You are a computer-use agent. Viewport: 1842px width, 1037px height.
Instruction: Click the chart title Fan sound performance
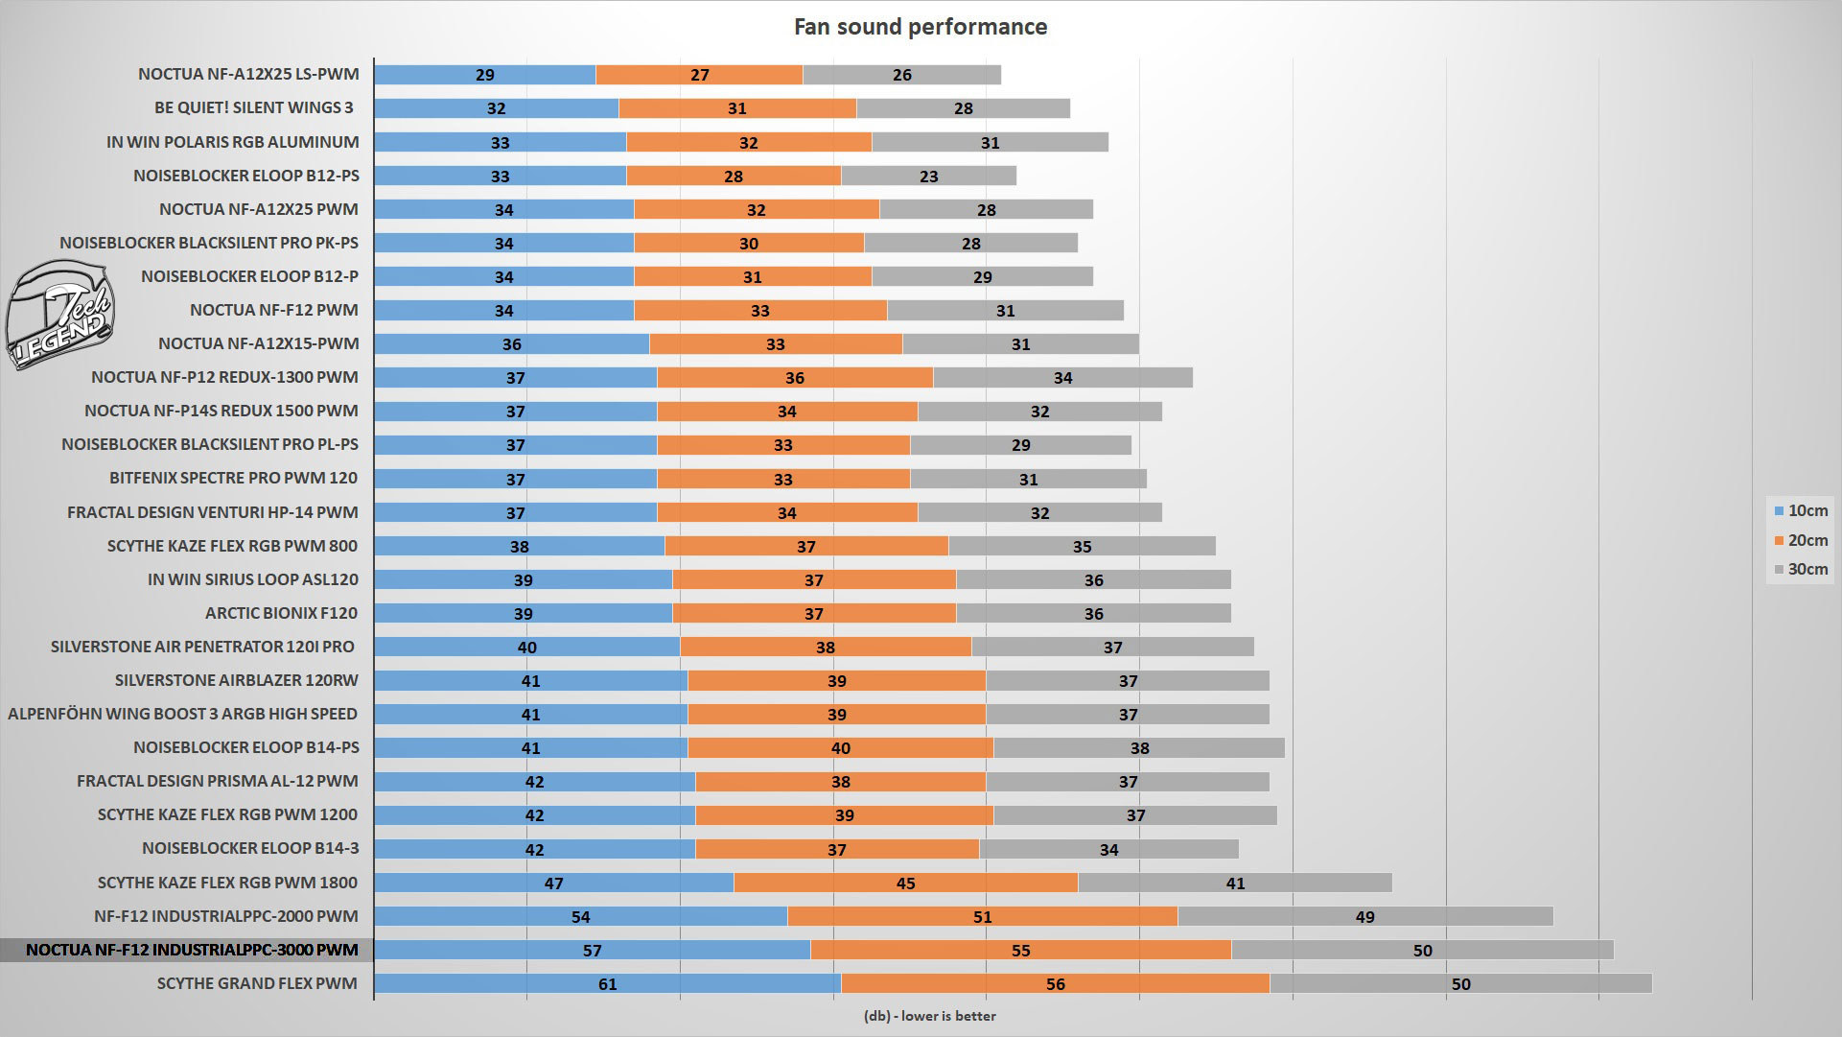[x=920, y=27]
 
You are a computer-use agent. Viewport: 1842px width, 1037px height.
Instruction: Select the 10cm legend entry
[x=1800, y=511]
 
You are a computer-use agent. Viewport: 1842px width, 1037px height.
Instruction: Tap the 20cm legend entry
[x=1800, y=540]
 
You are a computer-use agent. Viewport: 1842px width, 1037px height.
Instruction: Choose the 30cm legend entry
[x=1800, y=569]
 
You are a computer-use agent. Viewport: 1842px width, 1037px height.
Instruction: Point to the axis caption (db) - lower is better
[x=929, y=1016]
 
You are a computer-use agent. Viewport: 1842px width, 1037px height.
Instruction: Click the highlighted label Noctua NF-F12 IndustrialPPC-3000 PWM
[x=192, y=950]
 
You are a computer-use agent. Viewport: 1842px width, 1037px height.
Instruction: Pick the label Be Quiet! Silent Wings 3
[x=254, y=107]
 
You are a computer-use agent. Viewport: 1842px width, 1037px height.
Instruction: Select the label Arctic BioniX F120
[x=281, y=613]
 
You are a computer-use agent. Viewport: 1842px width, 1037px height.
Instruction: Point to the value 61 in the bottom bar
[x=607, y=984]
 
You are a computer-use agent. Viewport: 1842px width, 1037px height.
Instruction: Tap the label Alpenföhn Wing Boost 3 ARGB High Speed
[x=182, y=714]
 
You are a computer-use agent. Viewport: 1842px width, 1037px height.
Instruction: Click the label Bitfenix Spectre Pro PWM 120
[x=233, y=478]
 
